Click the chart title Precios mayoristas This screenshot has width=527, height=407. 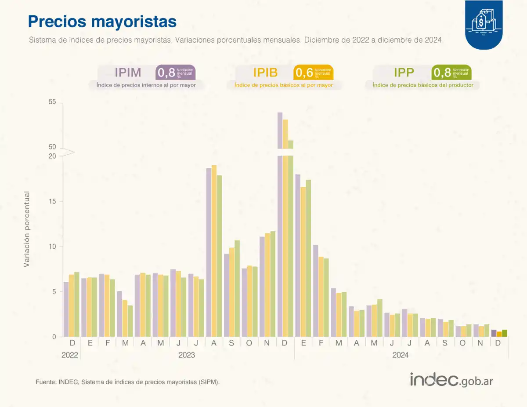click(102, 21)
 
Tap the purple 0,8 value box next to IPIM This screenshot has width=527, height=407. click(175, 72)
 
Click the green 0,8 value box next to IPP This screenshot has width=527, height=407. click(451, 72)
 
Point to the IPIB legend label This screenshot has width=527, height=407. click(265, 72)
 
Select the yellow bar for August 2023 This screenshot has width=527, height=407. click(214, 251)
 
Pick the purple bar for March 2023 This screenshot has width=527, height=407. click(119, 314)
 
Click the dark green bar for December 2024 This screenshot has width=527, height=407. click(504, 333)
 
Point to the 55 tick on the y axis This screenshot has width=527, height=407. click(53, 102)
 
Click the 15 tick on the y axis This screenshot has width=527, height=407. click(53, 201)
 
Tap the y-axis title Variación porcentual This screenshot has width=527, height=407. click(27, 229)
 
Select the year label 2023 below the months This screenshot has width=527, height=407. click(187, 355)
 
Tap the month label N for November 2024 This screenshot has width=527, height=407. click(480, 343)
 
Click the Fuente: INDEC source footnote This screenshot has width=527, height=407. click(127, 382)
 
